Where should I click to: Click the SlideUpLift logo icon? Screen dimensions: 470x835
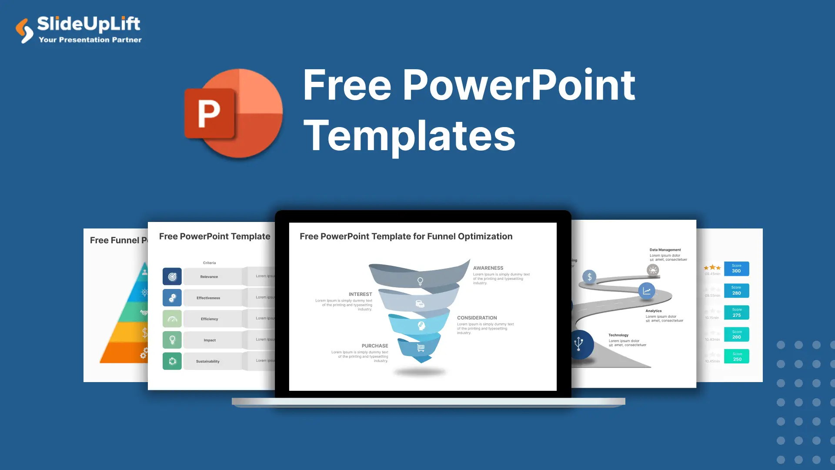coord(24,30)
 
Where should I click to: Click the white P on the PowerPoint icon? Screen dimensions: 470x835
coord(209,114)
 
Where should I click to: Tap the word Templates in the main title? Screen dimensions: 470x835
coord(409,136)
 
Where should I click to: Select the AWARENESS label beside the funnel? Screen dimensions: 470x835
coord(488,268)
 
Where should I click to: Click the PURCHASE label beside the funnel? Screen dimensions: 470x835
coord(374,346)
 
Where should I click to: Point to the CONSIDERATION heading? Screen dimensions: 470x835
coord(477,318)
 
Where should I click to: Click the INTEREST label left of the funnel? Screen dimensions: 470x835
coord(360,295)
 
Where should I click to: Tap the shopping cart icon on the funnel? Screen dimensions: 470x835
coord(421,348)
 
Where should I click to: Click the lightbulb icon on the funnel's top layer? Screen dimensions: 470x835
coord(420,281)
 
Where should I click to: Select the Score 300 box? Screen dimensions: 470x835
coord(736,269)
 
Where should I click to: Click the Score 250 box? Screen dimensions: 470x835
coord(737,356)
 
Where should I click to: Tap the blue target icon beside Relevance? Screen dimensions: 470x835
coord(172,277)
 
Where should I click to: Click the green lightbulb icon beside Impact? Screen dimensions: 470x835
coord(172,340)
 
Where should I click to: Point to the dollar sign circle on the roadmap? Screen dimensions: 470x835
coord(589,277)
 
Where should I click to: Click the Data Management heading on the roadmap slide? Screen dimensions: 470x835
coord(665,250)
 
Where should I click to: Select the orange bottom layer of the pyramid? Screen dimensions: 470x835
coord(124,353)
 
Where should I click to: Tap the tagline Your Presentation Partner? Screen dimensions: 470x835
coord(90,40)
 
